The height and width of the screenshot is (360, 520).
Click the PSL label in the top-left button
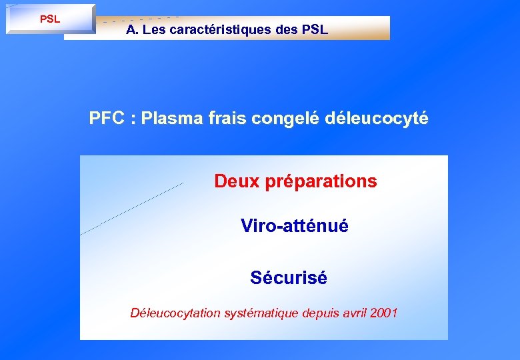pyautogui.click(x=50, y=19)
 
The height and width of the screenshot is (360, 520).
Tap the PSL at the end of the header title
pyautogui.click(x=314, y=30)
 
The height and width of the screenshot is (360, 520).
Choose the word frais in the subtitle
pyautogui.click(x=227, y=119)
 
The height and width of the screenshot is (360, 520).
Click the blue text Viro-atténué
pyautogui.click(x=295, y=226)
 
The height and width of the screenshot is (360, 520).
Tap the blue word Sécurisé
pyautogui.click(x=289, y=277)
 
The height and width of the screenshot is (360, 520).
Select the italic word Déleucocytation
pyautogui.click(x=175, y=313)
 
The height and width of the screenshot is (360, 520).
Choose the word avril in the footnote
pyautogui.click(x=354, y=313)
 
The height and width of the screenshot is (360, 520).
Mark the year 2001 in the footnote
pyautogui.click(x=384, y=313)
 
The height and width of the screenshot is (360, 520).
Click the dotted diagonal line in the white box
pyautogui.click(x=132, y=209)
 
